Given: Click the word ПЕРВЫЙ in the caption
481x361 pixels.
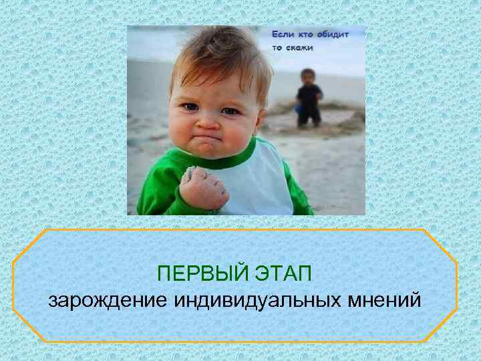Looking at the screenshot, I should click(x=200, y=274).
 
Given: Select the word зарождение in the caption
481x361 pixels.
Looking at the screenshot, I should click(x=107, y=300).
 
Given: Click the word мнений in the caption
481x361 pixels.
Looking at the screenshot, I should click(x=385, y=300).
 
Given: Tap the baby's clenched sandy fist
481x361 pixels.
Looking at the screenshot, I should click(x=202, y=188).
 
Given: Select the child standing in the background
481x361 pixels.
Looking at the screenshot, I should click(x=309, y=97).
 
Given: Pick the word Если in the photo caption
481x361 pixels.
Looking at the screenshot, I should click(x=283, y=33).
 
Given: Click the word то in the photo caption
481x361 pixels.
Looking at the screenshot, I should click(x=277, y=48).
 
